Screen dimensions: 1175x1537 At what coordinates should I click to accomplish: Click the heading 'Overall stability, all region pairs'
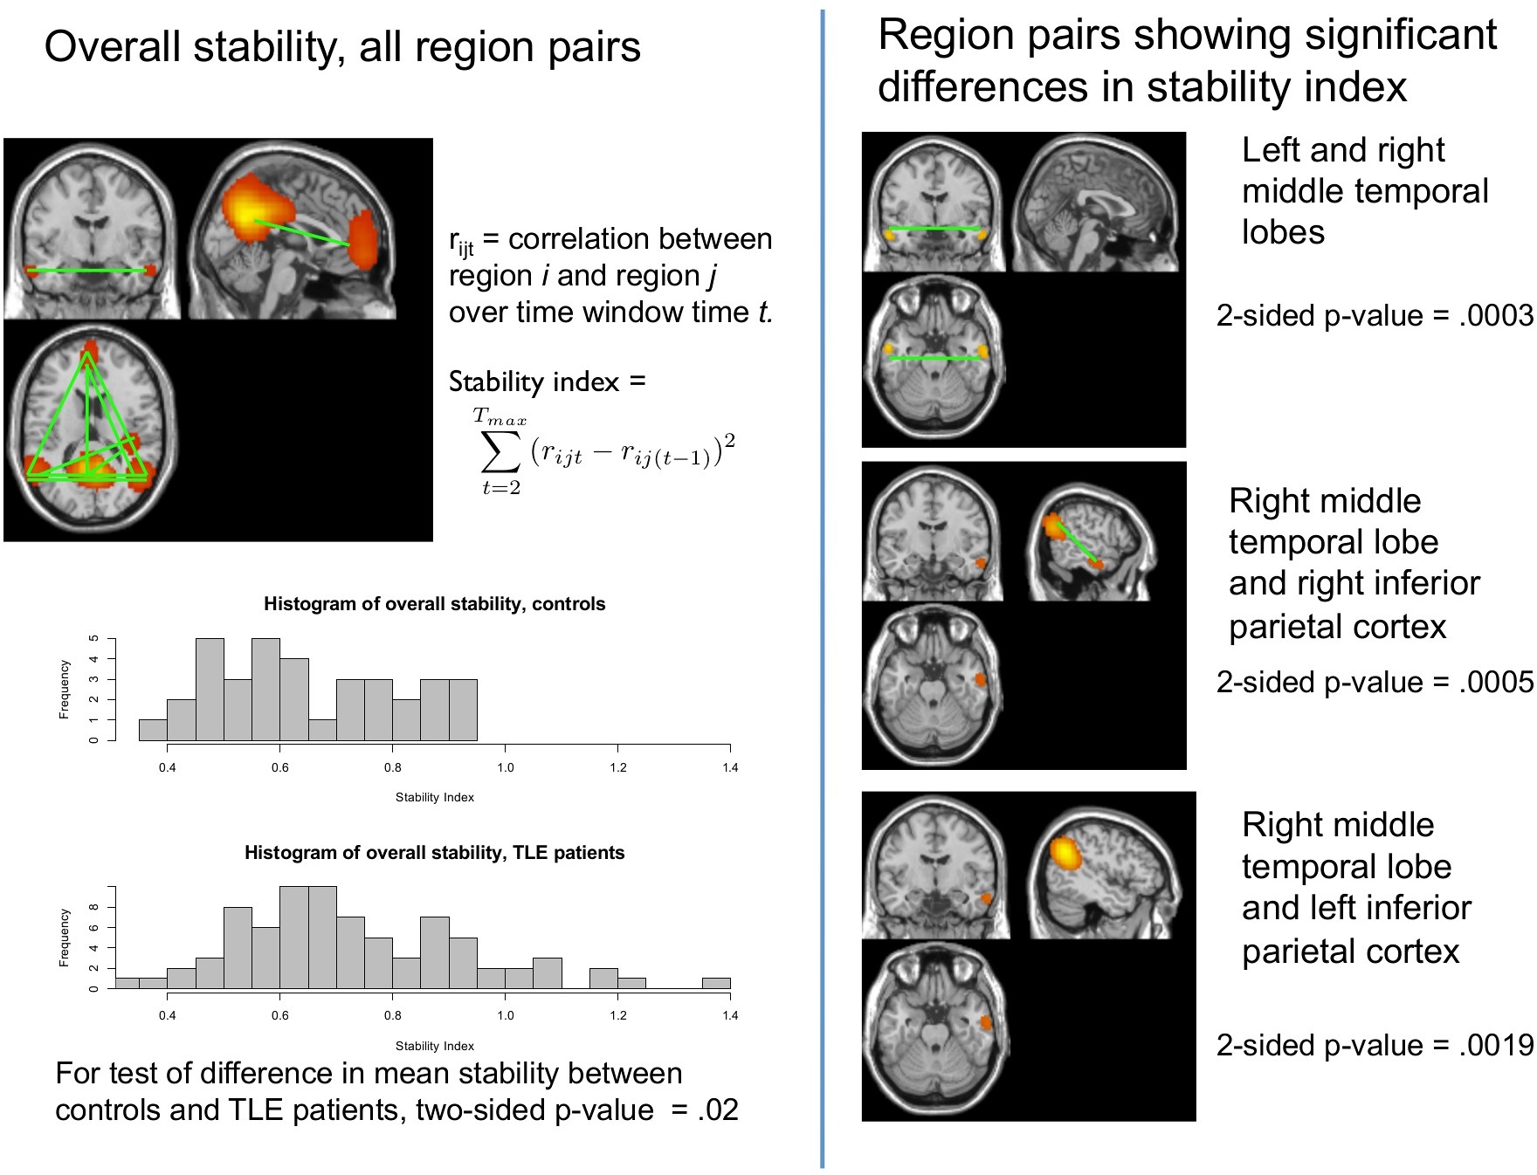(342, 47)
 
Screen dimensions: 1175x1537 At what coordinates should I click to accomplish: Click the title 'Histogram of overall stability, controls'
(434, 604)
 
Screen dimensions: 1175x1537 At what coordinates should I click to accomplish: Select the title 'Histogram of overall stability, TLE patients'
(434, 853)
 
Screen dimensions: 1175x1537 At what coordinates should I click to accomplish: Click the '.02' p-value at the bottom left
(718, 1110)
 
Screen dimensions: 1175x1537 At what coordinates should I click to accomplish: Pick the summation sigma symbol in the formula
(501, 450)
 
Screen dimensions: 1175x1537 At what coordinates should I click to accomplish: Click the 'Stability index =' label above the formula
(547, 382)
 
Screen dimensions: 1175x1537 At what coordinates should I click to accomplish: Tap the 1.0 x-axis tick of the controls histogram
(506, 767)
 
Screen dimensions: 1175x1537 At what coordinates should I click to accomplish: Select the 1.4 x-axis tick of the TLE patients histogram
(730, 1015)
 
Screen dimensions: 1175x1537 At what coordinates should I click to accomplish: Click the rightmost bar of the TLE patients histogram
(716, 984)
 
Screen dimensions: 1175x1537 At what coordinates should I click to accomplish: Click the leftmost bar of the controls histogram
(153, 731)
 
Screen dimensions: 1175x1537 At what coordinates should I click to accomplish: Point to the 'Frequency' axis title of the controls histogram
(64, 690)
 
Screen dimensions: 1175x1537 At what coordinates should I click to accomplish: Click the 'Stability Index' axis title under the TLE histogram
(434, 1046)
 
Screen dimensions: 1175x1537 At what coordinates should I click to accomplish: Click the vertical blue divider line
(823, 585)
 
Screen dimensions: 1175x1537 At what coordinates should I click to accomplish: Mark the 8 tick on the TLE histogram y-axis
(93, 907)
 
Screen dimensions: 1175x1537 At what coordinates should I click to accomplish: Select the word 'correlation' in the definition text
(577, 239)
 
